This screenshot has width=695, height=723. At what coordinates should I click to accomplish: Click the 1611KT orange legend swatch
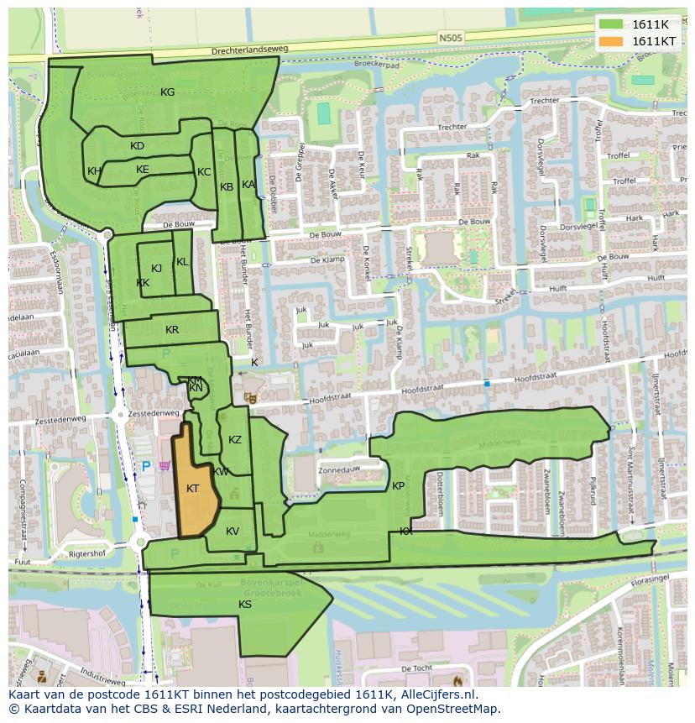pyautogui.click(x=611, y=41)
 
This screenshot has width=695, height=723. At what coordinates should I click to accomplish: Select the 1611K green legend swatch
pyautogui.click(x=611, y=24)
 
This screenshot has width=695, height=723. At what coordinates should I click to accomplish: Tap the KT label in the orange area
pyautogui.click(x=193, y=489)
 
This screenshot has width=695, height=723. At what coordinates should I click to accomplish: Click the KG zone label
pyautogui.click(x=168, y=92)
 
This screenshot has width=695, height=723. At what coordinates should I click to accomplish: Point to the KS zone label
pyautogui.click(x=245, y=605)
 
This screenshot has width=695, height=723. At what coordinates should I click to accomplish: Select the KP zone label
pyautogui.click(x=399, y=486)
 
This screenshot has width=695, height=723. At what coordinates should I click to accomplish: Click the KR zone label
pyautogui.click(x=172, y=330)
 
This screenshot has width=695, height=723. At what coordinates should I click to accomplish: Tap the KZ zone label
pyautogui.click(x=235, y=440)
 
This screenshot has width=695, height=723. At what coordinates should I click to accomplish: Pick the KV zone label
pyautogui.click(x=233, y=532)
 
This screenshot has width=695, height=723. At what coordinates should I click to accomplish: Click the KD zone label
pyautogui.click(x=138, y=146)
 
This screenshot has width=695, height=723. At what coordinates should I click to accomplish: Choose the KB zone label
pyautogui.click(x=227, y=187)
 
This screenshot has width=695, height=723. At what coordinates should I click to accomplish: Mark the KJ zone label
pyautogui.click(x=157, y=269)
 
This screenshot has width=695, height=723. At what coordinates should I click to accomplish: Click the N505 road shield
pyautogui.click(x=450, y=37)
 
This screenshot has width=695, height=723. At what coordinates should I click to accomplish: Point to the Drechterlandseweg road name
pyautogui.click(x=249, y=50)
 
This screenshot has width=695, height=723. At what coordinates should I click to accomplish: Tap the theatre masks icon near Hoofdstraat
pyautogui.click(x=248, y=397)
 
